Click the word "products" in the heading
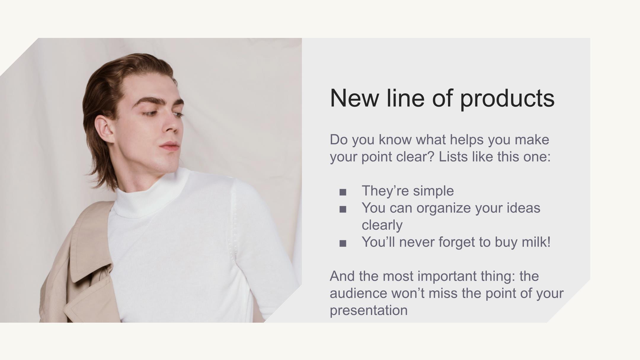tap(507, 99)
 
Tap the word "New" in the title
tap(354, 98)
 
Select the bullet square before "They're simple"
tap(343, 192)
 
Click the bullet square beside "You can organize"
tap(343, 209)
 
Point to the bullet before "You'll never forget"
tap(343, 244)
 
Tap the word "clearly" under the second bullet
tap(382, 225)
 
